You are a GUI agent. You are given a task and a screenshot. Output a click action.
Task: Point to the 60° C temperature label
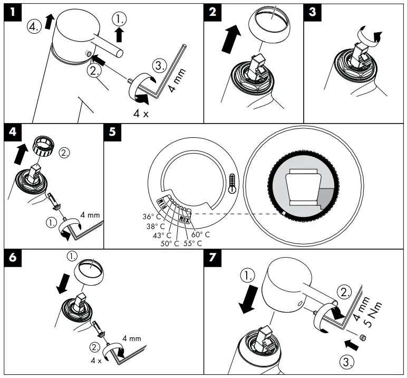(x=200, y=234)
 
